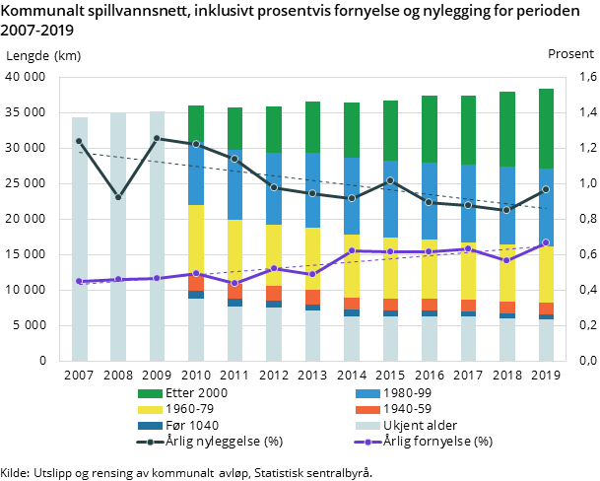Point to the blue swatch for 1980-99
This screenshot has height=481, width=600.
point(367,393)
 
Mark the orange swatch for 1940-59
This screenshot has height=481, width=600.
point(367,409)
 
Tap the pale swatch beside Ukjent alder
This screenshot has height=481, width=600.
point(367,425)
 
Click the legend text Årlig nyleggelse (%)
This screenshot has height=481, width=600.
point(226,441)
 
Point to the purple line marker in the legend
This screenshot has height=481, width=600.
point(367,441)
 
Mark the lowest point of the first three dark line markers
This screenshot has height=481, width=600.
point(118,197)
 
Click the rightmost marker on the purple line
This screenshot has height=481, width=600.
point(546,242)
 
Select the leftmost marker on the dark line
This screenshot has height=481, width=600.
point(79,141)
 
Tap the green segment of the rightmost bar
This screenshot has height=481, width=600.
point(546,128)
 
